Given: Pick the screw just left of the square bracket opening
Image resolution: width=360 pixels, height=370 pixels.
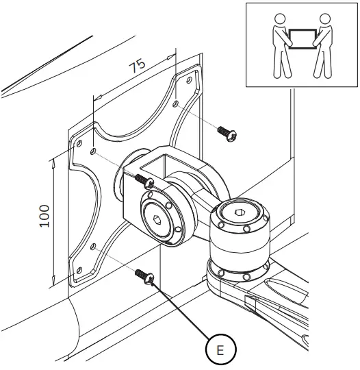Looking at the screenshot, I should (142, 180).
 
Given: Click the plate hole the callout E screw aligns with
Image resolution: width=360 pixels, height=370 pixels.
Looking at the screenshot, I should (92, 247).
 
